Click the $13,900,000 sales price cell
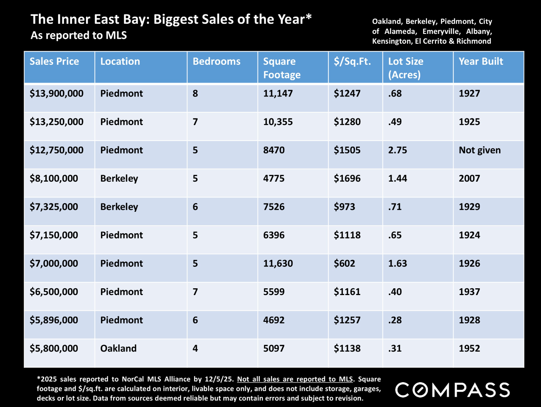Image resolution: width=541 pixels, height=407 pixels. pos(57,93)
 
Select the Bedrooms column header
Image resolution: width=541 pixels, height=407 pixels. pos(216,61)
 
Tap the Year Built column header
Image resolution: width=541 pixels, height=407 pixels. pos(481,61)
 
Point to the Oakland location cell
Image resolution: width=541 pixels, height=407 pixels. pos(118,349)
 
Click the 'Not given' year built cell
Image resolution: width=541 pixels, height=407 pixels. pos(480,150)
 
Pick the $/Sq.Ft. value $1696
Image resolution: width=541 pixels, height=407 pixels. pos(347,179)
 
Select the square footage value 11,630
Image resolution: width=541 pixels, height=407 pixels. pos(278,263)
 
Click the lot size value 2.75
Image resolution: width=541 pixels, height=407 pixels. pos(398,150)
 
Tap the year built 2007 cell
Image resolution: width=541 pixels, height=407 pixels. pos(469,179)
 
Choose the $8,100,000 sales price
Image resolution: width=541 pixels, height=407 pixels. pos(54,179)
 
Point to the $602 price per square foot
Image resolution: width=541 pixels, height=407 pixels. pos(344,263)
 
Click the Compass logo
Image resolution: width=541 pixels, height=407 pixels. pos(452,390)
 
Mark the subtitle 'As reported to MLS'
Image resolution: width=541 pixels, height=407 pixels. pos(79,35)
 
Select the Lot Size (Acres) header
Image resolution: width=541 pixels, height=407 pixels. pos(406,68)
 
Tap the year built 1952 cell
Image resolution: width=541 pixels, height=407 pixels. pos(469,349)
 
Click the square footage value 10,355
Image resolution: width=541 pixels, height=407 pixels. pos(278,122)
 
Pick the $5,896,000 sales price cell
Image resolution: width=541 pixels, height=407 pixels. pos(54,320)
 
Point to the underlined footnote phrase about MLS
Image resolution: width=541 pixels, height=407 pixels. pos(295,379)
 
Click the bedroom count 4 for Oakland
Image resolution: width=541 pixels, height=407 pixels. pos(195,349)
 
